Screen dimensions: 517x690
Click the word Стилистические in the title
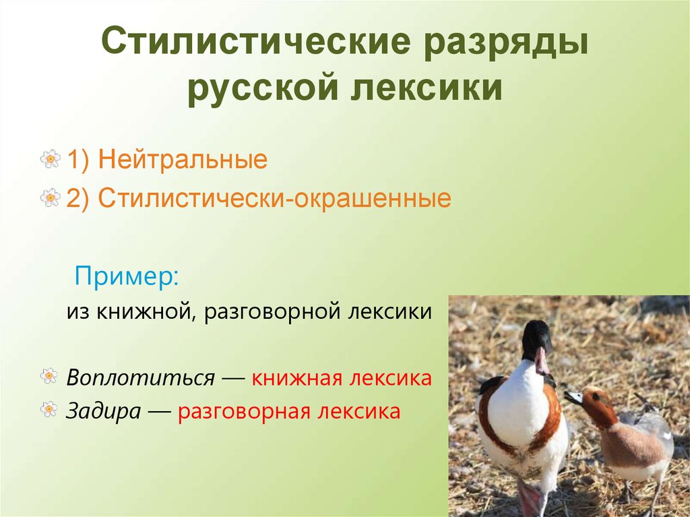tap(255, 44)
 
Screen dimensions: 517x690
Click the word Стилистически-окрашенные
tap(274, 199)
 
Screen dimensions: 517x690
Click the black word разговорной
tap(272, 312)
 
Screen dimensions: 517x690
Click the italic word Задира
tap(103, 411)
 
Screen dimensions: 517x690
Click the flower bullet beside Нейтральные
tap(50, 160)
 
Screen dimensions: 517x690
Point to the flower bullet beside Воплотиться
tap(49, 376)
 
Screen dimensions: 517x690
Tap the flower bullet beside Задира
tap(49, 408)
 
